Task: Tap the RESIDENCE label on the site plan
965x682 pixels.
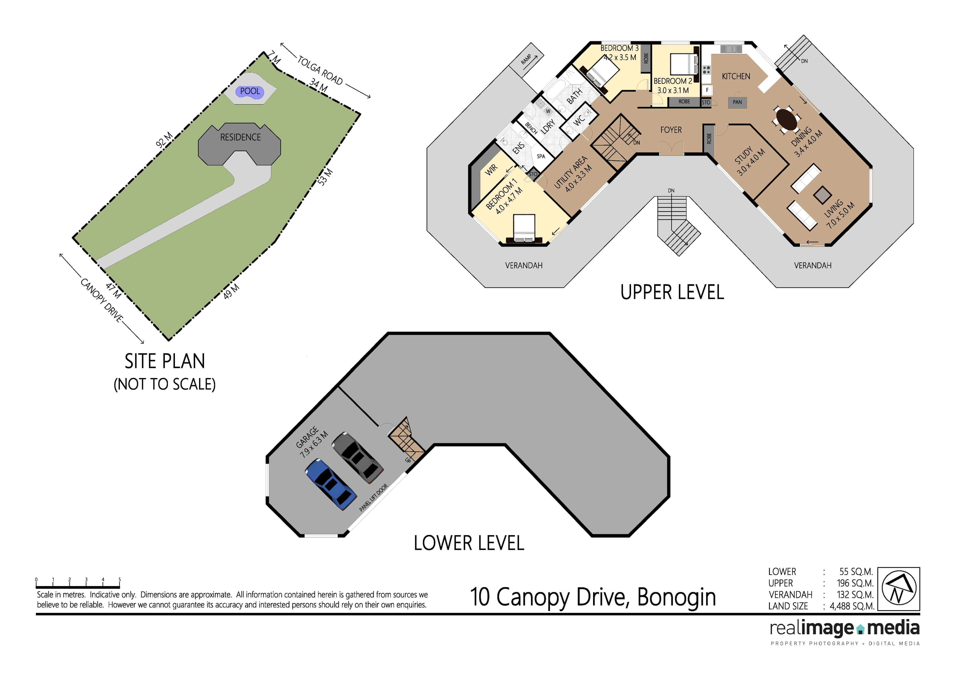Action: coord(240,137)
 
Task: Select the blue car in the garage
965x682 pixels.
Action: coord(331,485)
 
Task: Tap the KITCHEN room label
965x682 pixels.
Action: coord(736,76)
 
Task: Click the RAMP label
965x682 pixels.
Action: coord(526,59)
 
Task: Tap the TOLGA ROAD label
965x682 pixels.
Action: coord(320,70)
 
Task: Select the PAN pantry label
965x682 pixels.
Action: coord(737,102)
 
